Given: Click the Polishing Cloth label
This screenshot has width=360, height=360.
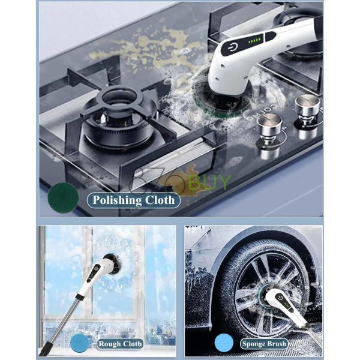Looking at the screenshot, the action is pos(133,200).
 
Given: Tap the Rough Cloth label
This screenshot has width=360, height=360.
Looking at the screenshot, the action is pos(120,344).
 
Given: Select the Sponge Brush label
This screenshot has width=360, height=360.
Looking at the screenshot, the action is pos(264,344).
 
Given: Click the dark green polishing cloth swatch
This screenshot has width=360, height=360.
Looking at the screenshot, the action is pos(63,197).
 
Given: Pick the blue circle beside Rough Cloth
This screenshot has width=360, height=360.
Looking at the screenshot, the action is pos(79,343).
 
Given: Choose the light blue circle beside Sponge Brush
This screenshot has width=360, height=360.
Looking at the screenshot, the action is pos(224,343).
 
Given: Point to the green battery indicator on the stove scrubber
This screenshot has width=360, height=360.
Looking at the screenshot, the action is pos(254,41).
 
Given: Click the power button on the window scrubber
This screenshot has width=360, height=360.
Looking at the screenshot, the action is pos(97,268).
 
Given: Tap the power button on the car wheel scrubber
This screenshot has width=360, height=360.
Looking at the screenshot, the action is pos(280,298).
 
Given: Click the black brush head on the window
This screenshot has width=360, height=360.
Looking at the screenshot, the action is pos(113,264).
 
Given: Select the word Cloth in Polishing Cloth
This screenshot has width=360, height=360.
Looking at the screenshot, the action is pos(160,200).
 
